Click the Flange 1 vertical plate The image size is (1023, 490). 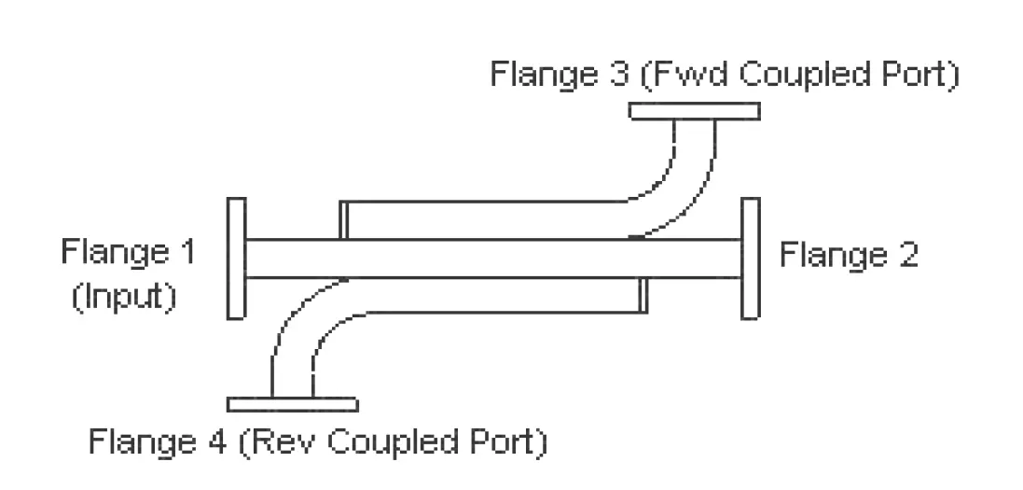click(236, 258)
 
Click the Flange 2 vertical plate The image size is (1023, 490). click(750, 258)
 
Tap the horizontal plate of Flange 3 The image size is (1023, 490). click(694, 111)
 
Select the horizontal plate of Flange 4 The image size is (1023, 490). click(292, 404)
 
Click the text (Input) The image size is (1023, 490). click(124, 298)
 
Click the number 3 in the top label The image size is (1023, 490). click(615, 75)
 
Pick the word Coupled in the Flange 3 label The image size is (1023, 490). click(805, 75)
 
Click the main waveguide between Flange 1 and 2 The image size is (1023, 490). click(494, 259)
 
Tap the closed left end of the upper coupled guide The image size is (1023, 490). click(342, 220)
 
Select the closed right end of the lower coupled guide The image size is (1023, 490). click(642, 295)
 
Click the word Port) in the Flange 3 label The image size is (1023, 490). click(919, 75)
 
